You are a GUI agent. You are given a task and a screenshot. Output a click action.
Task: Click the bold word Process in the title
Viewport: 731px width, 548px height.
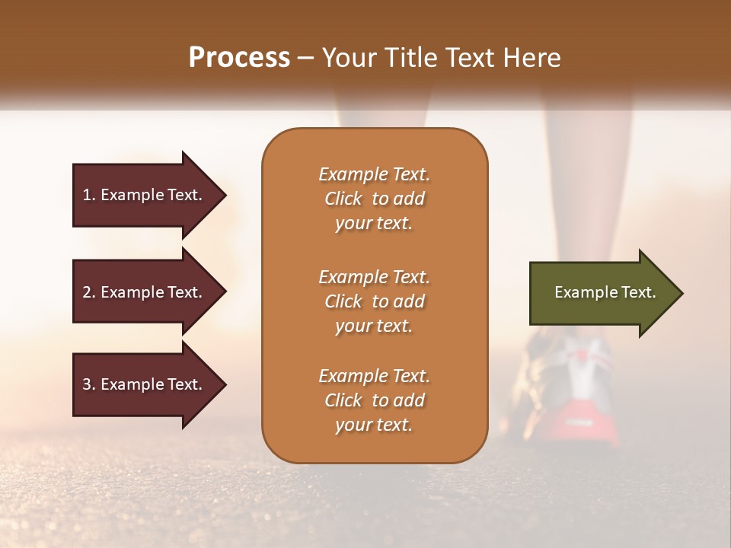[239, 58]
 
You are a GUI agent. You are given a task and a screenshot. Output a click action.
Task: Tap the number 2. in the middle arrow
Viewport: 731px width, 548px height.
[89, 292]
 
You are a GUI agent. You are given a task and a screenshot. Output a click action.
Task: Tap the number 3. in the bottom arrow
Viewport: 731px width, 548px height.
[89, 384]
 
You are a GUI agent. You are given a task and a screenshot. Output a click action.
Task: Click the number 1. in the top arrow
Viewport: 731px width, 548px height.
[88, 195]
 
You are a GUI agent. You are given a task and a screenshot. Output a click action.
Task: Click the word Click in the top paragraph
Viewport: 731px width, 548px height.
[343, 199]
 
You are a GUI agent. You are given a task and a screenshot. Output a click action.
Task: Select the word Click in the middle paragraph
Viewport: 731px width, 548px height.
[343, 301]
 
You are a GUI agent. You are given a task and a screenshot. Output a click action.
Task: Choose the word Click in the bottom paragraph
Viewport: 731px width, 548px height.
[343, 400]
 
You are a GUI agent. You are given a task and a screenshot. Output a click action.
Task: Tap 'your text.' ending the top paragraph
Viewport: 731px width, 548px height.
[374, 224]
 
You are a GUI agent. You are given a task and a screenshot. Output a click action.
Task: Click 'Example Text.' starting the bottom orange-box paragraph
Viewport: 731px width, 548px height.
[374, 376]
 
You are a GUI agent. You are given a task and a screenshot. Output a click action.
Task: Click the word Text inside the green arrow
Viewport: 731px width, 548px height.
[637, 292]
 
